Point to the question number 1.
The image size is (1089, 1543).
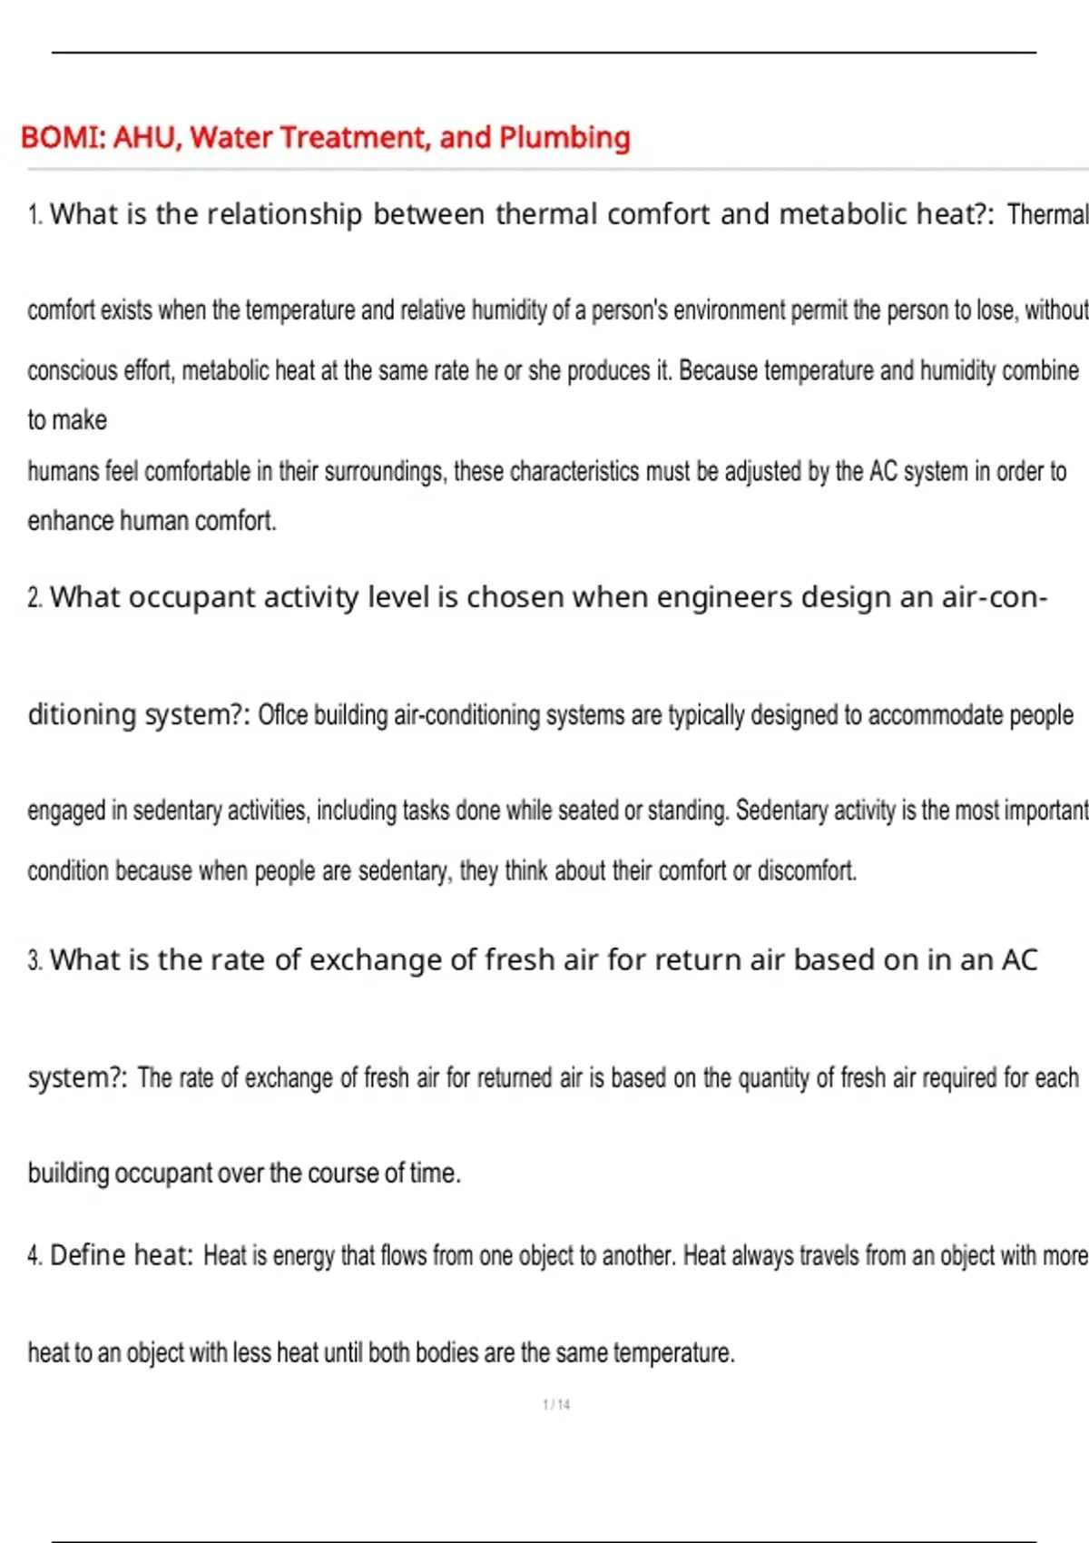pos(34,215)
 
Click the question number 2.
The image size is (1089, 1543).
pos(34,598)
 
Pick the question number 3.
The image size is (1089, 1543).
pos(34,960)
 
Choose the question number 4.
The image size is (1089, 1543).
pos(34,1256)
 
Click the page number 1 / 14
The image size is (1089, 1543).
pos(556,1405)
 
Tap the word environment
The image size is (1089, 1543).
pos(733,310)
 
